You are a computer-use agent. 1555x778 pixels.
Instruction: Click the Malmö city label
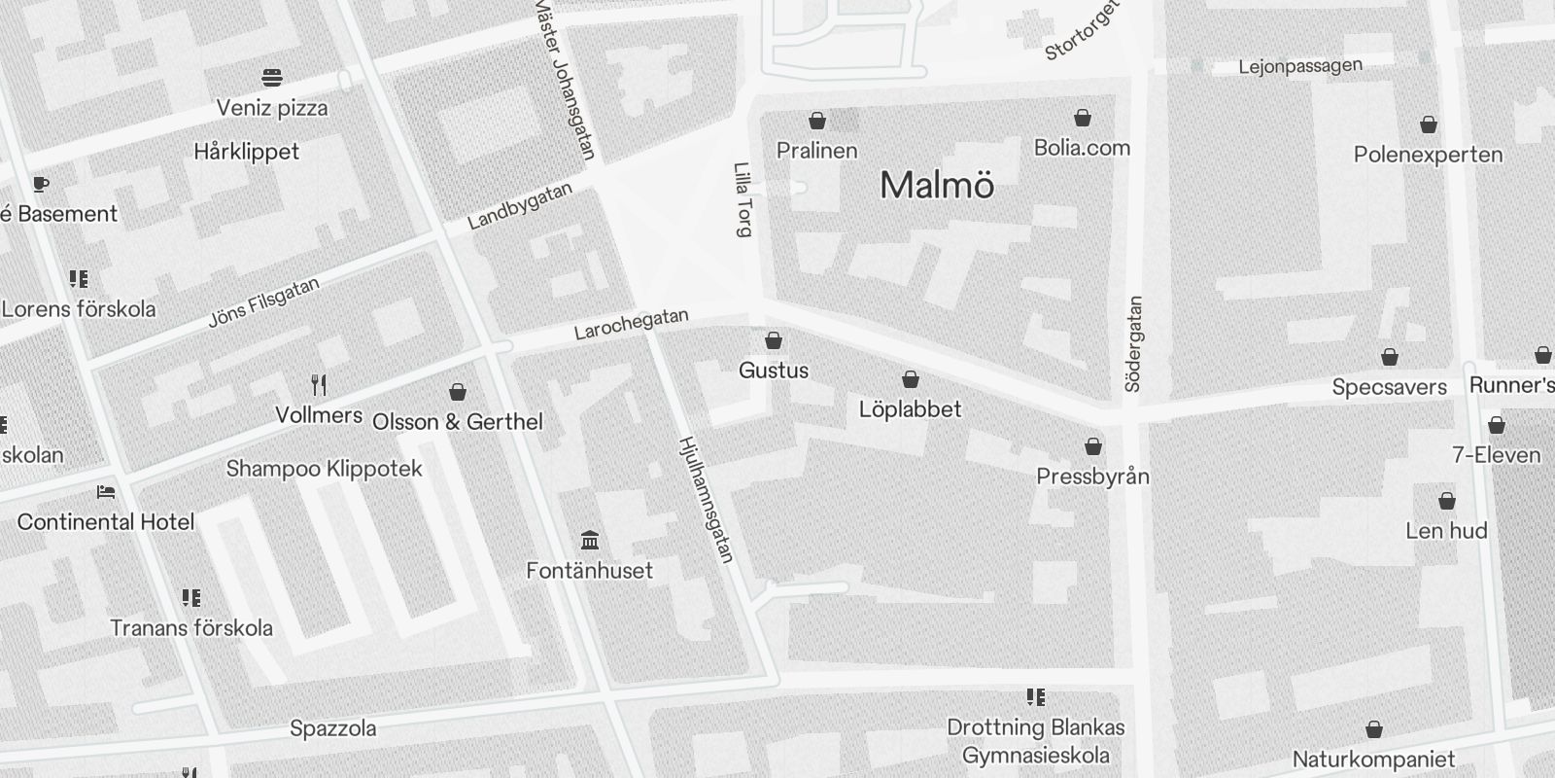click(937, 185)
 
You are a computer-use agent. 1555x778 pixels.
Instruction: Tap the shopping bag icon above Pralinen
click(817, 121)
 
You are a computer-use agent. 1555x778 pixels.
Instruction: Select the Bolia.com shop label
click(1082, 148)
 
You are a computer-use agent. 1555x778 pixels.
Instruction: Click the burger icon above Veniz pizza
click(272, 77)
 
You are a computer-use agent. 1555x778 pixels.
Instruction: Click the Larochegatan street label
click(631, 324)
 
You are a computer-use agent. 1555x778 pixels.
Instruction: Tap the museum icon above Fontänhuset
click(589, 540)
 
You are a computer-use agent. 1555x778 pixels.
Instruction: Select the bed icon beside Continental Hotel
click(106, 493)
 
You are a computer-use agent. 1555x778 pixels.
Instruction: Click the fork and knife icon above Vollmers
click(319, 385)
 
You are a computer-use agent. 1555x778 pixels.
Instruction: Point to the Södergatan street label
click(1133, 344)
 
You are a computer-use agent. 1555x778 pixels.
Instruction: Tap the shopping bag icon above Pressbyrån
click(1093, 447)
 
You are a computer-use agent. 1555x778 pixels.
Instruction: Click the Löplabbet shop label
click(910, 409)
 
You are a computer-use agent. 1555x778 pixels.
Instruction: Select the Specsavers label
click(1389, 387)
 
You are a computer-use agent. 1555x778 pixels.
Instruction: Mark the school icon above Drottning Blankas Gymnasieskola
click(1036, 697)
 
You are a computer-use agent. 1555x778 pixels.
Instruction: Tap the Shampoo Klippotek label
click(325, 469)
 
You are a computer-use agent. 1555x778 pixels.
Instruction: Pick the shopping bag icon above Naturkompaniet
click(1374, 729)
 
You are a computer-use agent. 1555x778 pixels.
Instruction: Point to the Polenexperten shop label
click(1428, 155)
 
